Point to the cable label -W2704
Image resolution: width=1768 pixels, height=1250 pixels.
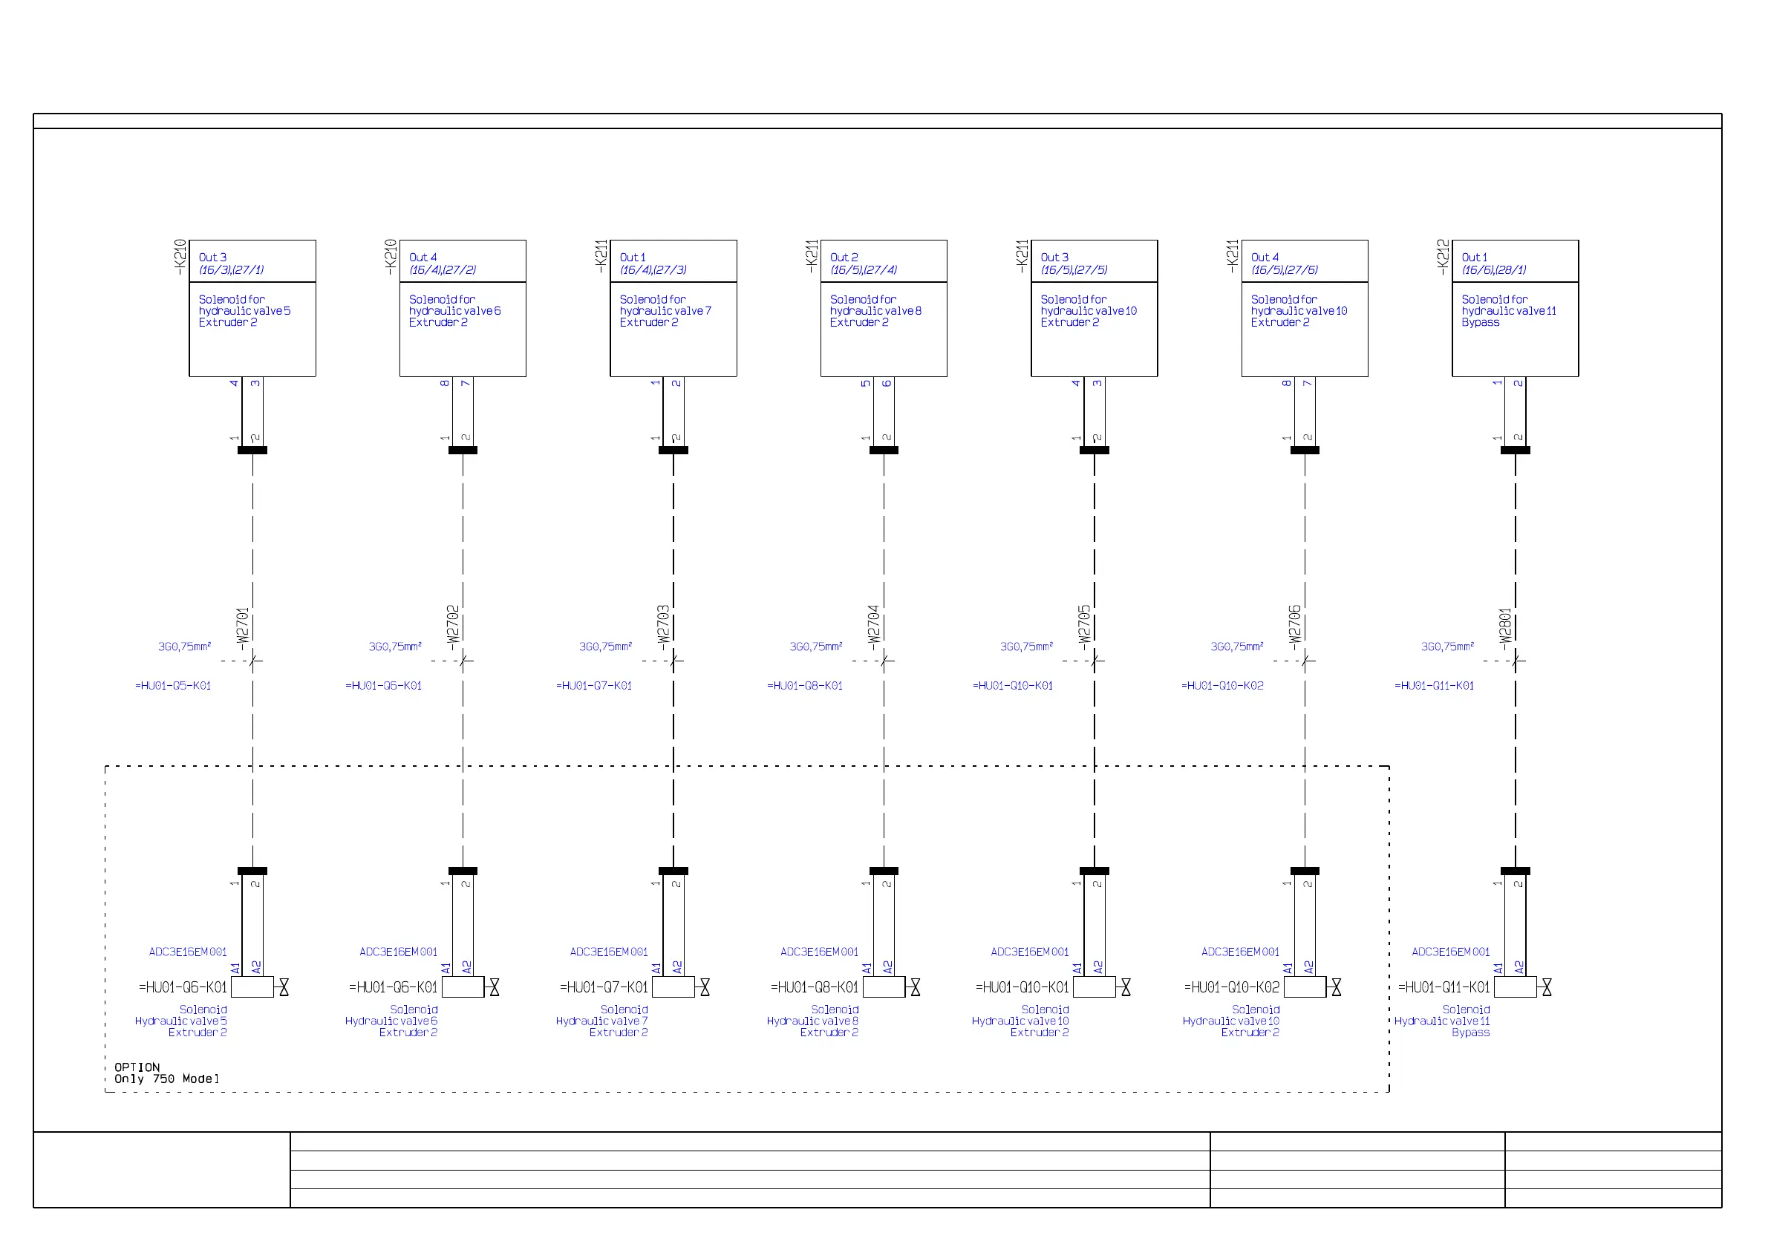tap(873, 624)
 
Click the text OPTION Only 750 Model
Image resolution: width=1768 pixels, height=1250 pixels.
tap(166, 1073)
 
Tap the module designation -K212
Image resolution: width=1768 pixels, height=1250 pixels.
tap(1443, 257)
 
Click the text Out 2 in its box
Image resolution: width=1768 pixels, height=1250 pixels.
tap(844, 258)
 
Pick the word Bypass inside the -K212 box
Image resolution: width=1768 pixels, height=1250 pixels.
tap(1480, 322)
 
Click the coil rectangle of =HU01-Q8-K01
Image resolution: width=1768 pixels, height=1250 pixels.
tap(884, 986)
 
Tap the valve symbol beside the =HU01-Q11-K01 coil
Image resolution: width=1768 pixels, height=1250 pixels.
tap(1547, 987)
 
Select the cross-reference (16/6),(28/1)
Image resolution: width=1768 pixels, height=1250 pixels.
tap(1494, 270)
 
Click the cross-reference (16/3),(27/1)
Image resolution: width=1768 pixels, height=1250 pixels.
tap(231, 270)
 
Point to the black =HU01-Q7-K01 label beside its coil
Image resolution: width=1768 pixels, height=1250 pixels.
tap(604, 987)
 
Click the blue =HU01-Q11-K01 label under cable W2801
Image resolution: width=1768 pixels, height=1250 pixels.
tap(1434, 686)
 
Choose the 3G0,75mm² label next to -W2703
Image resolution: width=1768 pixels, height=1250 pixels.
tap(605, 647)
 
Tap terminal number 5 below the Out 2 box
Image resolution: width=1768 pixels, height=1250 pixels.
tap(866, 383)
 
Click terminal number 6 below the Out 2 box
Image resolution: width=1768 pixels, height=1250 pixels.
tap(887, 383)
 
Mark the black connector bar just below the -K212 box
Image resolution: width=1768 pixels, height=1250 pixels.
tap(1516, 451)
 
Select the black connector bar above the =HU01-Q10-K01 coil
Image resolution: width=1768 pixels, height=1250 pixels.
tap(1095, 871)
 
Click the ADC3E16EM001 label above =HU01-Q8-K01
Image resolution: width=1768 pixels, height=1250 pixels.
tap(819, 952)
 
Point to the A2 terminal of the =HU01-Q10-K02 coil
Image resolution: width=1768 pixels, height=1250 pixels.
tap(1308, 967)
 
